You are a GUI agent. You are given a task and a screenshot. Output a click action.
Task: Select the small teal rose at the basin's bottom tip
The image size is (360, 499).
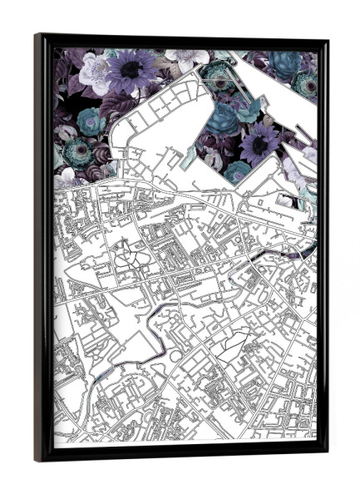tap(238, 170)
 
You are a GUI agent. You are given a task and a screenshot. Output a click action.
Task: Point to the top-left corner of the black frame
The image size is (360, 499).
tap(37, 36)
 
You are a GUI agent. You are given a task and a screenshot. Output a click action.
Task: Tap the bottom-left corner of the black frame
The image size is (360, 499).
tap(37, 460)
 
